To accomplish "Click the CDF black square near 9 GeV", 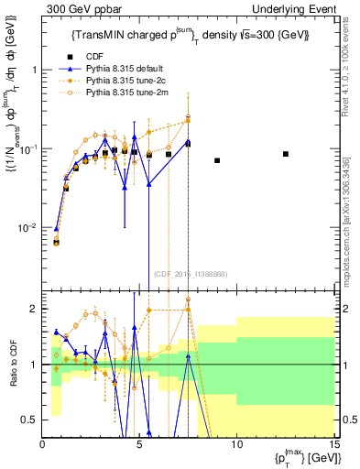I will pos(217,160).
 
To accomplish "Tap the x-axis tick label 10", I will pos(236,444).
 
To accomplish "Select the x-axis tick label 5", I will pos(139,444).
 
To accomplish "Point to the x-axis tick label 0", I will pos(43,444).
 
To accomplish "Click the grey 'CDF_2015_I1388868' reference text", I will pos(189,274).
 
